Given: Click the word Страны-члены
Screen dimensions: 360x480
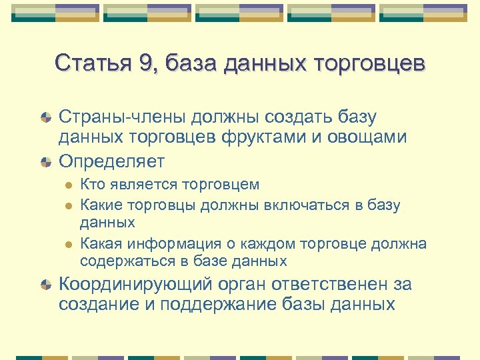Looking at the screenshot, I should click(119, 117).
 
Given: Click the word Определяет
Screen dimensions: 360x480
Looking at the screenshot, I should click(111, 161).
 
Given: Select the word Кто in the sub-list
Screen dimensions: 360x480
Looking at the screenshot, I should click(91, 184).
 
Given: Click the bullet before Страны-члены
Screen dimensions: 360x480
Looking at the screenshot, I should click(46, 118).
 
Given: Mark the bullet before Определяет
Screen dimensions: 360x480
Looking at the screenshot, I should click(46, 161).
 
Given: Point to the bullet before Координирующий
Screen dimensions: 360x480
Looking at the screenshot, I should click(46, 285).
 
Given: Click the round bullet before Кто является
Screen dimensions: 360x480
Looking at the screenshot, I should click(67, 185).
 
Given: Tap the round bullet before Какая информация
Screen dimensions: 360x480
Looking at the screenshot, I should click(67, 244).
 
